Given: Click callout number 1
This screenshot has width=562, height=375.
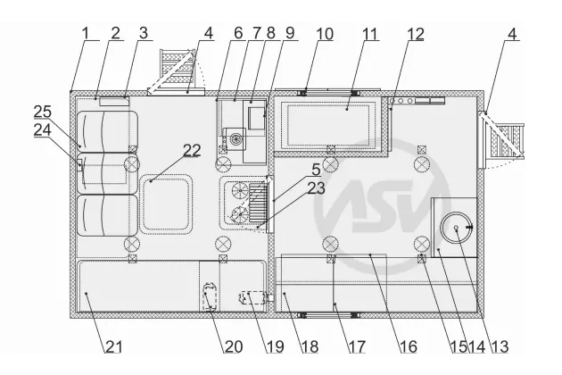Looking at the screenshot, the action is point(85,34).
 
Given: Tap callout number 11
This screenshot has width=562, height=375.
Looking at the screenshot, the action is point(370,34).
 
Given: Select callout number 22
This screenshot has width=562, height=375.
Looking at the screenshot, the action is point(192,150).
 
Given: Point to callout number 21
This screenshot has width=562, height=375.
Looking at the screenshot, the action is point(113,347).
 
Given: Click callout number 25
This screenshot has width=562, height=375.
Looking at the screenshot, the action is point(43,112).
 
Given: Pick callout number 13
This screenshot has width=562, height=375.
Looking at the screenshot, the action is point(500,347).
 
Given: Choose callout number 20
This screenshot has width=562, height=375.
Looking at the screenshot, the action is point(234,347).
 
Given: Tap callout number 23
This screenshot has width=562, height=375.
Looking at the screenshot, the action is point(316,188).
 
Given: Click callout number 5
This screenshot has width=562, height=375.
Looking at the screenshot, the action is point(316,170).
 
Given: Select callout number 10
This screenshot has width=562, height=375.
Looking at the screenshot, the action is point(325,34).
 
